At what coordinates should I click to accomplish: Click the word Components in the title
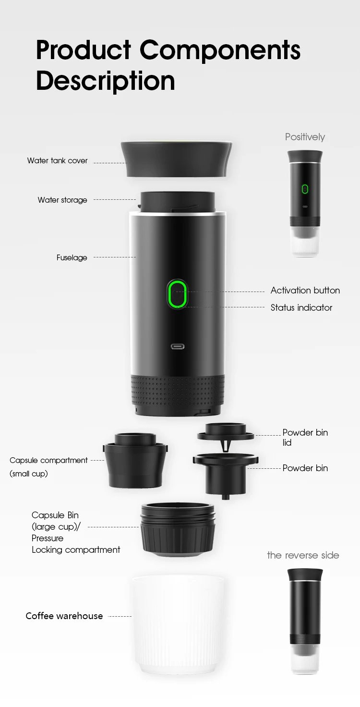coord(220,50)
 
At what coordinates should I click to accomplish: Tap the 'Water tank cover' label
coord(58,161)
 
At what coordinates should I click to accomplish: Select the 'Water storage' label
coord(62,200)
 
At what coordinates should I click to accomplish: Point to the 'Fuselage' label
coord(72,258)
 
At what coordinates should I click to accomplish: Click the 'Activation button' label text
coord(305,291)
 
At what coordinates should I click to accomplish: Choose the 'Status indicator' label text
coord(301,308)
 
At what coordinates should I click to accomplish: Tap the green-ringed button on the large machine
coord(177,294)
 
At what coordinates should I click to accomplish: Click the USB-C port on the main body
coord(178,346)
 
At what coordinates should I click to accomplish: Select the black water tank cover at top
coord(177,158)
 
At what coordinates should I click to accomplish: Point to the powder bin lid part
coord(225,432)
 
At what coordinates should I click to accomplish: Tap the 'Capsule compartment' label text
coord(48,461)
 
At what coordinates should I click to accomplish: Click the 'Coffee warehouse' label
coord(64,616)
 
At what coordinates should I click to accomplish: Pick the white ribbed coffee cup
coord(178,624)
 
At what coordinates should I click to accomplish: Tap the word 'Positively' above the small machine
coord(305,137)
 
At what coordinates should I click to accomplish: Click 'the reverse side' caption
coord(303,556)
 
